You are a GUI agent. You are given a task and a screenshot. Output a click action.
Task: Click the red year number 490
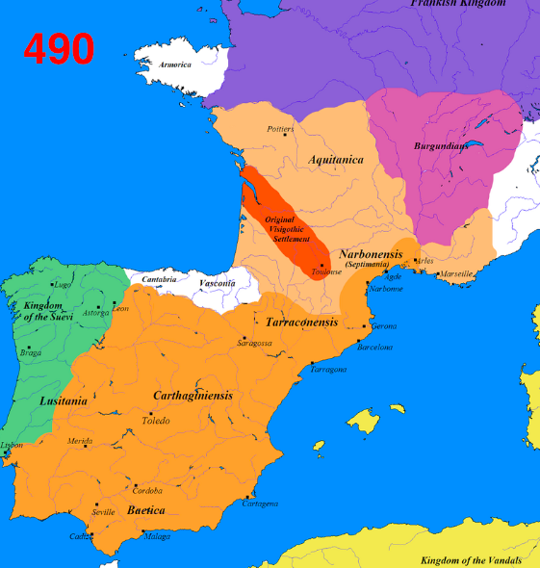click(59, 48)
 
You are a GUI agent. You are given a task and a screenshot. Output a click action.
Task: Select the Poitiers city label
click(282, 127)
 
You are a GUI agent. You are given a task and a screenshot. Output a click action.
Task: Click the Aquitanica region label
click(337, 159)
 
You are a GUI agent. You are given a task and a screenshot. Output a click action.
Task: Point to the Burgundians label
click(441, 146)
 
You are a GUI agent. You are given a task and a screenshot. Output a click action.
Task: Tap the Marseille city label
click(457, 273)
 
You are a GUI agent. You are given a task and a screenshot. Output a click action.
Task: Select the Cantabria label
click(159, 279)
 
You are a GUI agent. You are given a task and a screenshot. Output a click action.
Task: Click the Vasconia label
click(217, 283)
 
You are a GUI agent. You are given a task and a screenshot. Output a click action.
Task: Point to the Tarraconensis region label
click(301, 322)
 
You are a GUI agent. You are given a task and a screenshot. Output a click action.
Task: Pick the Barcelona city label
click(375, 347)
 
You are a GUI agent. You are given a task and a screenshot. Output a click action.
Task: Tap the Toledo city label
click(156, 421)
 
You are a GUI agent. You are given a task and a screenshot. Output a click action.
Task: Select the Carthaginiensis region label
click(192, 396)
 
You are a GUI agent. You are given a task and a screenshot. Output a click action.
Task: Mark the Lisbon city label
click(12, 445)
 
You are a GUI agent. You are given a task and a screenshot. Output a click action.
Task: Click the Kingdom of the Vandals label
click(471, 559)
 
